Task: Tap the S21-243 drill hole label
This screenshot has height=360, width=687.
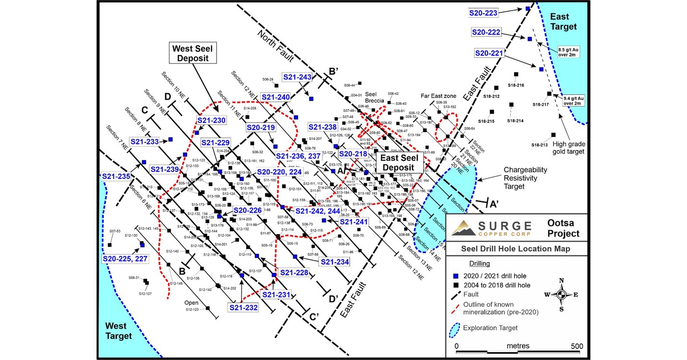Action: (297, 77)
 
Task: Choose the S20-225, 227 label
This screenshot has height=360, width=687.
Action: (125, 258)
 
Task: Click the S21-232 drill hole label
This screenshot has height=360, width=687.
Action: (243, 308)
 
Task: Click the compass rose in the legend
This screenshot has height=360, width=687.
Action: (561, 295)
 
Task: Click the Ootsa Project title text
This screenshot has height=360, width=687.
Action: (563, 228)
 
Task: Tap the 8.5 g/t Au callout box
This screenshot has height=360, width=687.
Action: (569, 51)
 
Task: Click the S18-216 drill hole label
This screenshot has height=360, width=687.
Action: (516, 85)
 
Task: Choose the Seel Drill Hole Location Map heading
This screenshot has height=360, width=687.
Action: (515, 248)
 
